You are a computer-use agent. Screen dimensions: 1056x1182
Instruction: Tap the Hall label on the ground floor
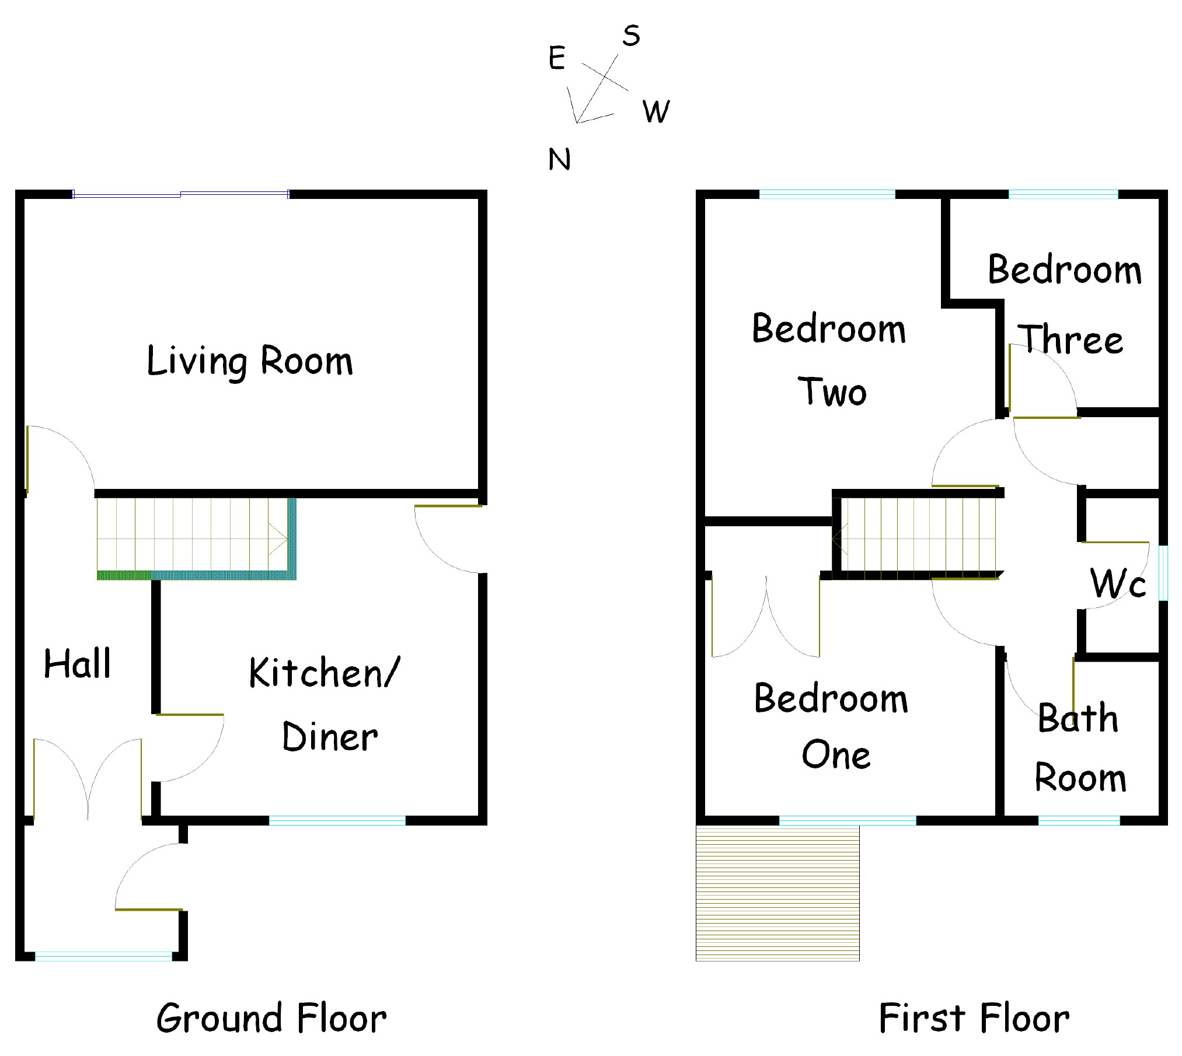[x=78, y=663]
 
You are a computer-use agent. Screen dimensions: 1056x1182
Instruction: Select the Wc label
[x=1117, y=583]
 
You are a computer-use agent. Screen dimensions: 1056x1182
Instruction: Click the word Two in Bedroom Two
[x=832, y=391]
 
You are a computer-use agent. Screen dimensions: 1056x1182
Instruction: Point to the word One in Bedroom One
[x=836, y=755]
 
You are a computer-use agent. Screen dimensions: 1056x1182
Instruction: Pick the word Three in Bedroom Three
[x=1070, y=340]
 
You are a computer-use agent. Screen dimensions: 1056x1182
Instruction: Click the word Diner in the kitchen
[x=330, y=737]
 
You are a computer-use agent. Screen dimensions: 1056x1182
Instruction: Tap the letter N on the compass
[x=559, y=159]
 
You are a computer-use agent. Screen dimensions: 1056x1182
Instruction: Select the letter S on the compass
[x=631, y=36]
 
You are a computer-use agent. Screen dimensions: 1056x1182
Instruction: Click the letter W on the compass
[x=656, y=111]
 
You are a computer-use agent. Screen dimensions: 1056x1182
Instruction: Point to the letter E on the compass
[x=557, y=58]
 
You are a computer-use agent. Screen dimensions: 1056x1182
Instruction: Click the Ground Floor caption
[x=271, y=1019]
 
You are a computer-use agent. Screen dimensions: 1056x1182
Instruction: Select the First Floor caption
[x=974, y=1019]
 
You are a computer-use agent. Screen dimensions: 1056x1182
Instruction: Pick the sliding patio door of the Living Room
[x=181, y=194]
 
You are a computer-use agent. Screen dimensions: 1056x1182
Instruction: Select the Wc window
[x=1163, y=573]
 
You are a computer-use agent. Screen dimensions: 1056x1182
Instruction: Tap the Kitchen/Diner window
[x=337, y=821]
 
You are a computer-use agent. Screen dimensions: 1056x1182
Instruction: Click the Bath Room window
[x=1079, y=821]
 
